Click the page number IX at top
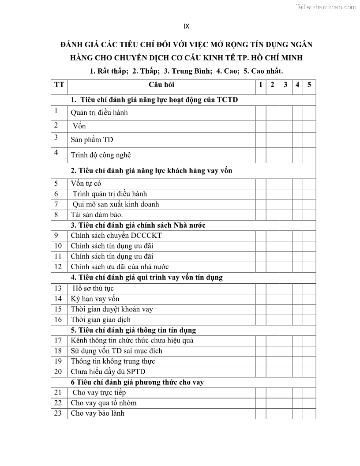[186, 26]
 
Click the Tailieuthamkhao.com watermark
[326, 7]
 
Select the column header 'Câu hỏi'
[161, 85]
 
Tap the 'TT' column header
[59, 85]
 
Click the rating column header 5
[309, 85]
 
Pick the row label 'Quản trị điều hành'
[99, 113]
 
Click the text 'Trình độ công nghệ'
[101, 155]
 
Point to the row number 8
[56, 215]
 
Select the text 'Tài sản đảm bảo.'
[97, 215]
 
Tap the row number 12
[58, 267]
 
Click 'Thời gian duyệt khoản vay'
[112, 309]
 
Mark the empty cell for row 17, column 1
[260, 341]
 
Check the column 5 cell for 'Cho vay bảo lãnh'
[309, 413]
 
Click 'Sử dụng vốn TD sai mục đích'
[116, 351]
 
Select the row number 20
[58, 372]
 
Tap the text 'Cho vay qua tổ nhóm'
[104, 403]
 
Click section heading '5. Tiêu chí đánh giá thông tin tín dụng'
[133, 330]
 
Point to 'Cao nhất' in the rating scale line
[266, 71]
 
